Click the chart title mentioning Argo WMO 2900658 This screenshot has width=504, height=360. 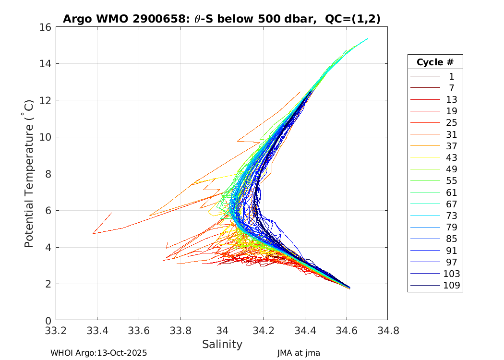click(x=222, y=19)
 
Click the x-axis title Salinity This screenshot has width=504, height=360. click(x=222, y=344)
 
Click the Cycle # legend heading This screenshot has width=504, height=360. click(x=435, y=62)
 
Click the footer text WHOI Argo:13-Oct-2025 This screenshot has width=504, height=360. click(x=98, y=353)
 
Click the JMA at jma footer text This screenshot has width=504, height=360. click(x=298, y=353)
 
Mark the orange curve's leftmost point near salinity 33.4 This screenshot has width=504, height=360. click(x=93, y=233)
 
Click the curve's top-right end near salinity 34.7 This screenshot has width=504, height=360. click(x=367, y=38)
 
